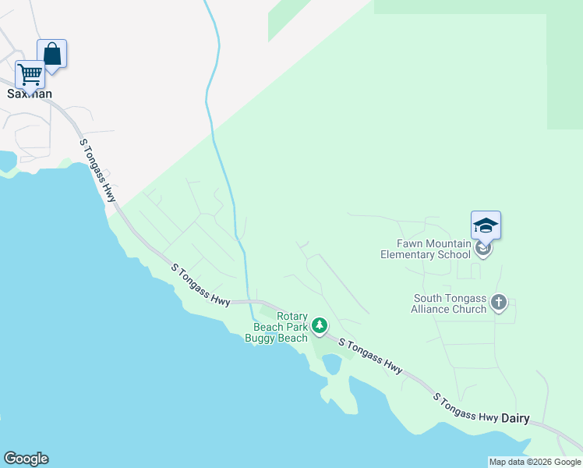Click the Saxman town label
pyautogui.click(x=30, y=94)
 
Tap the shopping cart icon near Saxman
pyautogui.click(x=30, y=74)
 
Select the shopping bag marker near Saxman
pyautogui.click(x=51, y=55)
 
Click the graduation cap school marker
pyautogui.click(x=486, y=225)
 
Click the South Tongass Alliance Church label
pyautogui.click(x=450, y=303)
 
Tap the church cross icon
pyautogui.click(x=500, y=302)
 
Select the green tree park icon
pyautogui.click(x=319, y=325)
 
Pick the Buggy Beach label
pyautogui.click(x=276, y=338)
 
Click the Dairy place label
pyautogui.click(x=515, y=418)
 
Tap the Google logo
pyautogui.click(x=26, y=459)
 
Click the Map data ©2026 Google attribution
pyautogui.click(x=535, y=462)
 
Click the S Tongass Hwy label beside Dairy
pyautogui.click(x=465, y=407)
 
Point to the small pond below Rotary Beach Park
pyautogui.click(x=332, y=363)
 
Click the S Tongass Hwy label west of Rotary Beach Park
pyautogui.click(x=201, y=285)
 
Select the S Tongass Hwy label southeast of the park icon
pyautogui.click(x=370, y=356)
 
